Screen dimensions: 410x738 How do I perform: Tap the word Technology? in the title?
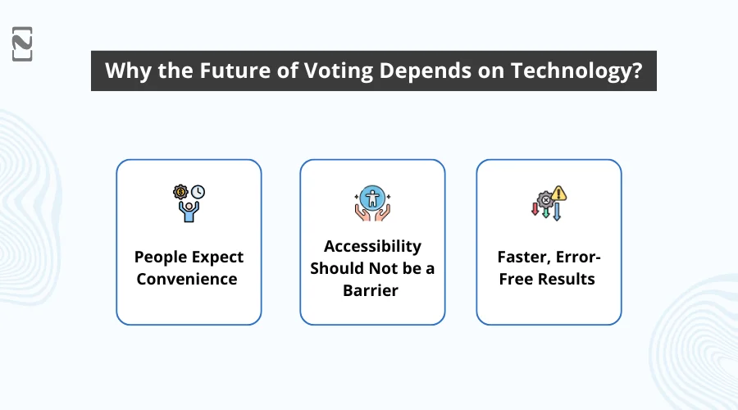[x=576, y=71]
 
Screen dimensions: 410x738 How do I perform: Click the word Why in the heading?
[x=124, y=71]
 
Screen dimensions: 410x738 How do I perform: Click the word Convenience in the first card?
[x=187, y=279]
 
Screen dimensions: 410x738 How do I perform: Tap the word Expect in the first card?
[x=216, y=257]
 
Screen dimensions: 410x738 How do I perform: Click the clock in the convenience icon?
[x=198, y=192]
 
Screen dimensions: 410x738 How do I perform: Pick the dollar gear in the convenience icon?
[x=180, y=192]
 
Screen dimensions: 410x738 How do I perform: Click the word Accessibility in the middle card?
[x=372, y=246]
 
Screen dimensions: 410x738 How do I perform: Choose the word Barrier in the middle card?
[x=372, y=290]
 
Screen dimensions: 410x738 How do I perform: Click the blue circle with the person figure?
[x=372, y=197]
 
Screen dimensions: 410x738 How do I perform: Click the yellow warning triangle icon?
[x=559, y=194]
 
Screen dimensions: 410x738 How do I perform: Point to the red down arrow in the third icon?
[x=535, y=210]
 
